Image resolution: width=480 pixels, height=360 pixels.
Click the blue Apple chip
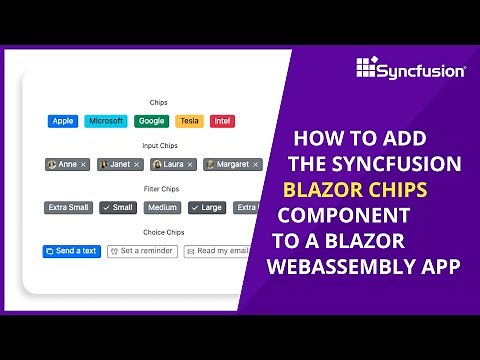click(63, 121)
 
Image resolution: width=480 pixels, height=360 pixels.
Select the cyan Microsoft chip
click(106, 121)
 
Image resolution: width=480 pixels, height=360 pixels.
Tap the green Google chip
click(152, 121)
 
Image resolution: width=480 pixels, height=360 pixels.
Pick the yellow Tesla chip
click(188, 121)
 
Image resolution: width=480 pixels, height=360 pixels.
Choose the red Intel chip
click(223, 121)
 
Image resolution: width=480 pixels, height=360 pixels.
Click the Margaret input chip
click(232, 164)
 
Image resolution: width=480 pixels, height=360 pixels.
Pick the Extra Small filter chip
click(68, 208)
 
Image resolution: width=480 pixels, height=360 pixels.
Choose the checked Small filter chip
click(118, 208)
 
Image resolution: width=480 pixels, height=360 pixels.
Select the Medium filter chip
click(162, 208)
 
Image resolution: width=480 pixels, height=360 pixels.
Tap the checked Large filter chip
click(206, 208)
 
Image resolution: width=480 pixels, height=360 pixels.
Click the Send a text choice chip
click(72, 251)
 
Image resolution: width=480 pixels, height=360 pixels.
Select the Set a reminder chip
click(141, 251)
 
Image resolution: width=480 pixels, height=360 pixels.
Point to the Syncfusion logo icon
click(366, 68)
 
